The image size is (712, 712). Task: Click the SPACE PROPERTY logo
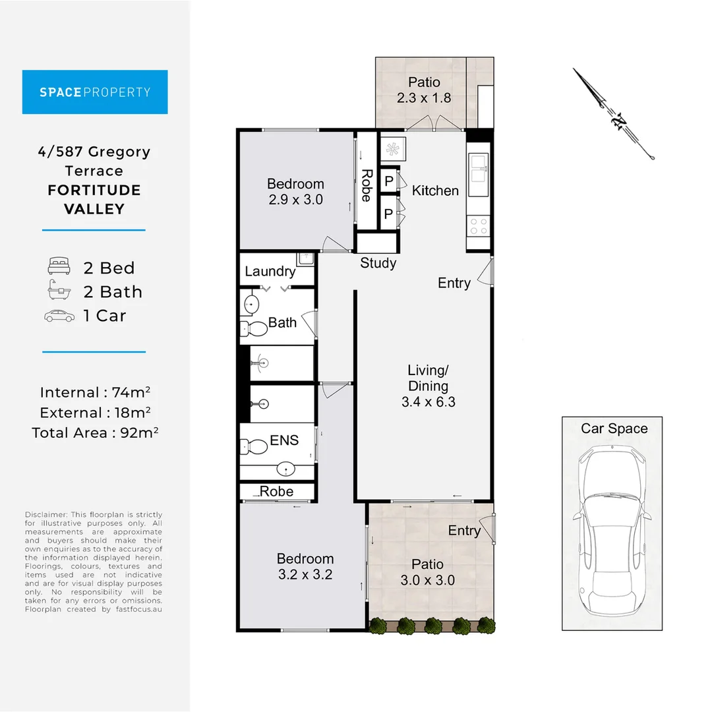[95, 92]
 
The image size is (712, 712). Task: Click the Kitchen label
[435, 191]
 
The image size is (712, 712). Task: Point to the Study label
[378, 263]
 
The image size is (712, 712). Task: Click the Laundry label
[270, 271]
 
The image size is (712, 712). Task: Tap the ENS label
[284, 440]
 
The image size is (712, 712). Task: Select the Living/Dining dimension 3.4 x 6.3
[428, 401]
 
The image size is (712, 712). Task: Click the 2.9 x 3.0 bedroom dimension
[295, 199]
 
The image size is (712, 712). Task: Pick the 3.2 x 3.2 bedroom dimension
[305, 574]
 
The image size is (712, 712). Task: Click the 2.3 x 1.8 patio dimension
[424, 98]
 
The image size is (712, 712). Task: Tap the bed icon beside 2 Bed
[59, 268]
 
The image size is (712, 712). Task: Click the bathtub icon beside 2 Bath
[59, 291]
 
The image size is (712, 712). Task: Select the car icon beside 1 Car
[59, 316]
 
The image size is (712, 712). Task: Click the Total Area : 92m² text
[95, 432]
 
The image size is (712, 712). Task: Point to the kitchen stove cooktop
[479, 226]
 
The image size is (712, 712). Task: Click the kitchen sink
[479, 167]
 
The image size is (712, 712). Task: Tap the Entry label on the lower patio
[464, 531]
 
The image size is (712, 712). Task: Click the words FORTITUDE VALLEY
[95, 200]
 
